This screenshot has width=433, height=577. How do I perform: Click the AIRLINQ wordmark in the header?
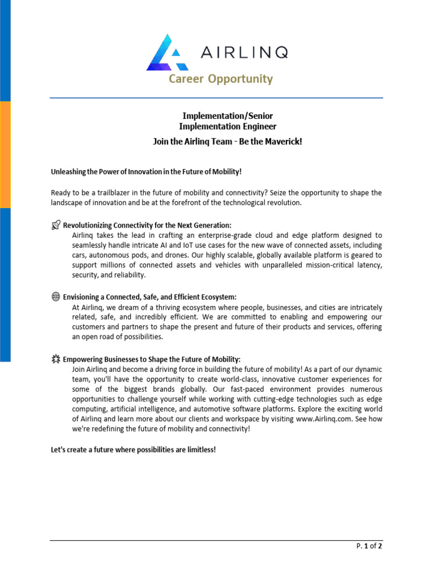244,52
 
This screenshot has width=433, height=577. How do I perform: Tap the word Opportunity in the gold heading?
241,79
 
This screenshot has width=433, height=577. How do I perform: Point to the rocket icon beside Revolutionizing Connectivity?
55,225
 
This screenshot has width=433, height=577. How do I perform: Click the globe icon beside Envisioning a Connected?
55,297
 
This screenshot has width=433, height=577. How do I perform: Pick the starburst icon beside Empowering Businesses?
55,359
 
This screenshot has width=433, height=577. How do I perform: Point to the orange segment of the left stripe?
5,155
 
